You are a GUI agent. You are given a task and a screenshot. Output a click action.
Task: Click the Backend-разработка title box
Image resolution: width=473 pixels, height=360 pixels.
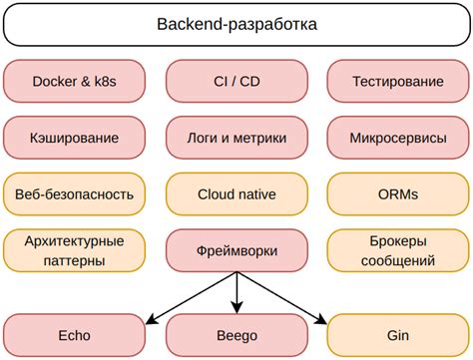click(x=236, y=24)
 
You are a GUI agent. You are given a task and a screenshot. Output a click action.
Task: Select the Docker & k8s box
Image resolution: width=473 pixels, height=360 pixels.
click(x=74, y=81)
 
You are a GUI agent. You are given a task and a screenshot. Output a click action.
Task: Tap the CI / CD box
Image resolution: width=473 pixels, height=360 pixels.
click(x=236, y=81)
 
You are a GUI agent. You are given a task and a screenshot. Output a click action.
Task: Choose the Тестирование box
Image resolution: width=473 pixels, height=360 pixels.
click(x=398, y=81)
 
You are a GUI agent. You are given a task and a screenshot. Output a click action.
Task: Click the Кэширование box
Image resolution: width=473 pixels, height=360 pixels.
click(x=74, y=137)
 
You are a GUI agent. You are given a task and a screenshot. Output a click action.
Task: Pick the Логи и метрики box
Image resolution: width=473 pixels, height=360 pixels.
click(x=236, y=137)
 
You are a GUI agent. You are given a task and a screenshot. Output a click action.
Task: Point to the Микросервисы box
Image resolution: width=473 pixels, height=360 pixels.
click(x=398, y=137)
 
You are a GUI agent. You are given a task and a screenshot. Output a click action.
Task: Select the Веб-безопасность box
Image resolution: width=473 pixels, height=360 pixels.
click(x=74, y=193)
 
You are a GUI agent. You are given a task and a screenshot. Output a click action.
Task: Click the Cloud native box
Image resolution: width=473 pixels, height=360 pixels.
click(x=236, y=193)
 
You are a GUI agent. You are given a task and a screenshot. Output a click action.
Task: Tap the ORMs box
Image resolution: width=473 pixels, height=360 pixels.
click(x=398, y=193)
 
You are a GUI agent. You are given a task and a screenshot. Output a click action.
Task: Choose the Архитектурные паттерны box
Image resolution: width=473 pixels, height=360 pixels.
click(x=74, y=250)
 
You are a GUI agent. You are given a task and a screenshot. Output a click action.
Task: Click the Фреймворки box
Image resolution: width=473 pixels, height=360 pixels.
click(x=236, y=250)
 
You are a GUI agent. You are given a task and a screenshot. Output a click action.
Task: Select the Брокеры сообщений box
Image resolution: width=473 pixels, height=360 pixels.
click(x=398, y=250)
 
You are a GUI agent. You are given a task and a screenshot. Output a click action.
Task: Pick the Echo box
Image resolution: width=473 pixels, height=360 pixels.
click(x=74, y=335)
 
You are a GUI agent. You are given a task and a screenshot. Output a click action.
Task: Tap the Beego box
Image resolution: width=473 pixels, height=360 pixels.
click(x=236, y=335)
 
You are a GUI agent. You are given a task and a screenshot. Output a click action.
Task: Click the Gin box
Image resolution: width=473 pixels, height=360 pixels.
click(x=398, y=335)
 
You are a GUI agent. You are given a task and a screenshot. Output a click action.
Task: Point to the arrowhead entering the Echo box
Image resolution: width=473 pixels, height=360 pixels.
click(x=152, y=318)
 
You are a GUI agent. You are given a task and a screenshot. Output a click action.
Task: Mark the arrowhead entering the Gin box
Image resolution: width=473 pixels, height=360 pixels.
click(x=320, y=318)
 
